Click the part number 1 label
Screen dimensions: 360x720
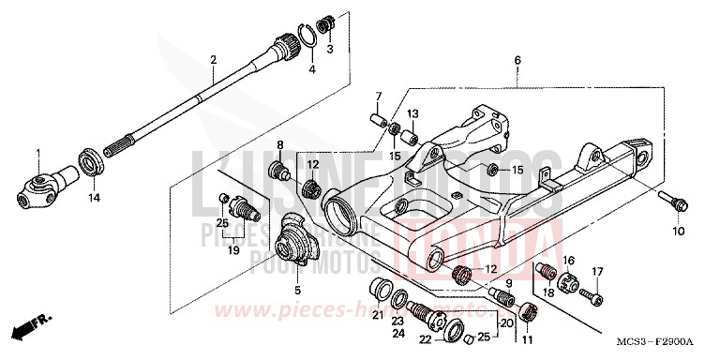click(38, 154)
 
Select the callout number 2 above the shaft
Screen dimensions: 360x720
click(214, 60)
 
